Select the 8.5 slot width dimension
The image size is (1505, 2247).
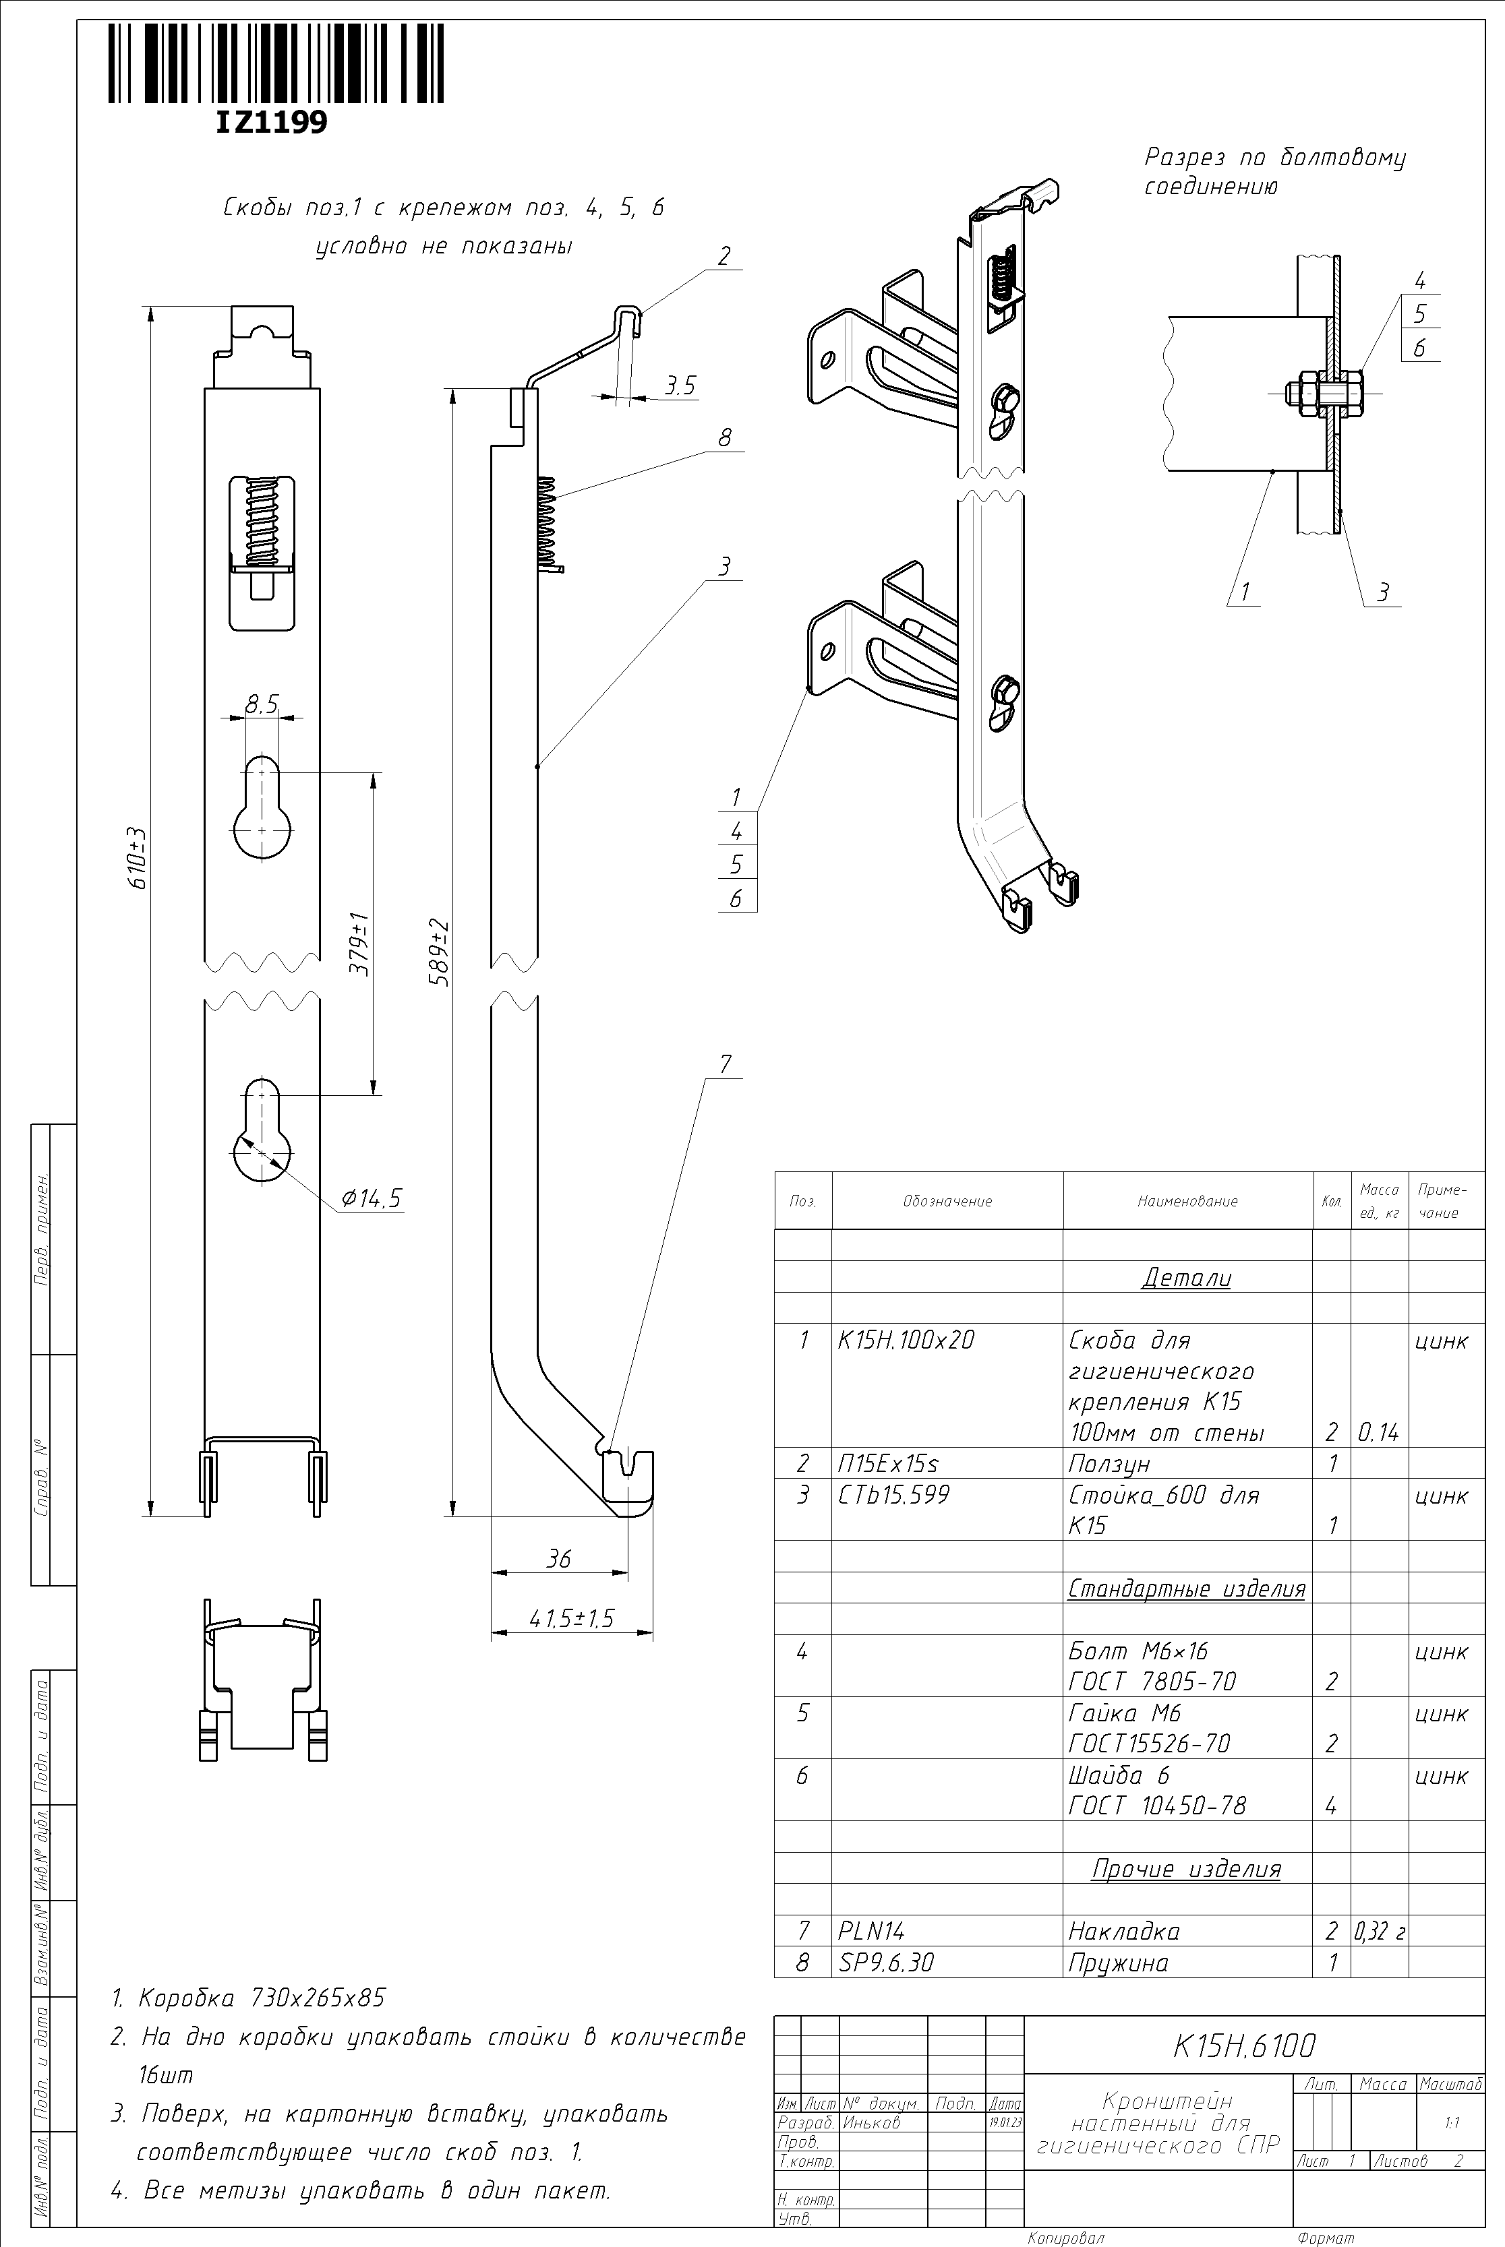261,704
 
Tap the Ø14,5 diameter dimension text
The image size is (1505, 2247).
372,1198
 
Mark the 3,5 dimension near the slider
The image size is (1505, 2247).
680,386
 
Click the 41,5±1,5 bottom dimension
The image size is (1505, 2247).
572,1619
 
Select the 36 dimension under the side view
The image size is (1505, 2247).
558,1559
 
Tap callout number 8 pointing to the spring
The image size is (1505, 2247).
725,437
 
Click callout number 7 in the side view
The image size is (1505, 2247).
725,1064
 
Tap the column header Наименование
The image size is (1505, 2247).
1187,1201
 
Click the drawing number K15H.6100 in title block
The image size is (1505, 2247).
1244,2046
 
